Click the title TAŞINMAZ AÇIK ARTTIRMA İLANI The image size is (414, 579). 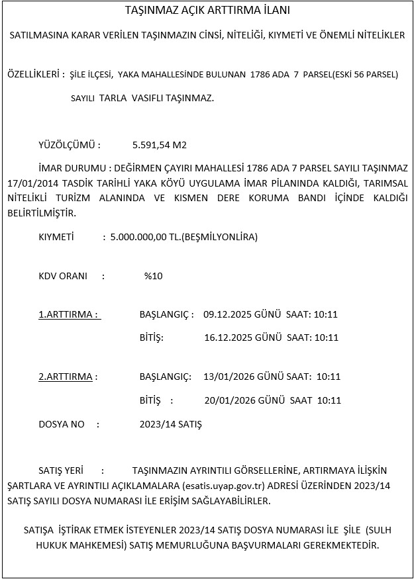pos(207,11)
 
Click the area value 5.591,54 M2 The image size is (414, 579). pos(160,144)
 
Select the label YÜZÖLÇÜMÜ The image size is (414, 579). pos(70,144)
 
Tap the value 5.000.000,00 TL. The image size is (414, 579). pos(146,237)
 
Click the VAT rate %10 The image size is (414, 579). pos(153,276)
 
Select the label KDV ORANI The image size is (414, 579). pos(63,276)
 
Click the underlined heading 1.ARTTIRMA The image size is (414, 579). pos(68,314)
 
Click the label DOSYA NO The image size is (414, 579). pos(62,423)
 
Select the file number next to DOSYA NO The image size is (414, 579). pos(171,423)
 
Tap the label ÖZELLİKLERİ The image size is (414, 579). pos(34,75)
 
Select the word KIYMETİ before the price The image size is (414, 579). pos(56,237)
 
